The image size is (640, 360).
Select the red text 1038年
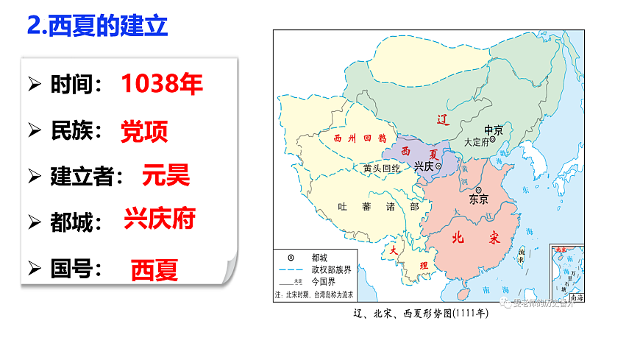coord(161,84)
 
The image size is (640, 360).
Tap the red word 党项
coord(144,131)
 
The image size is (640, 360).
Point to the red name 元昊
coord(166,175)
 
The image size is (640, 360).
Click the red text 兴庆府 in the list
coord(160,219)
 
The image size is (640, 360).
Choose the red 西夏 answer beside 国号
coord(154,270)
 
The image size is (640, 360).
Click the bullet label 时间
coord(75,85)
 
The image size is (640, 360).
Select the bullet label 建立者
coord(86,177)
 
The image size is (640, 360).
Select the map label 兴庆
coord(424,167)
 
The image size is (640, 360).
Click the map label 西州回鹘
coord(359,138)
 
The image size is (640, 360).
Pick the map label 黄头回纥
coord(382,169)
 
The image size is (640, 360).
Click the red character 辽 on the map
coord(442,119)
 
